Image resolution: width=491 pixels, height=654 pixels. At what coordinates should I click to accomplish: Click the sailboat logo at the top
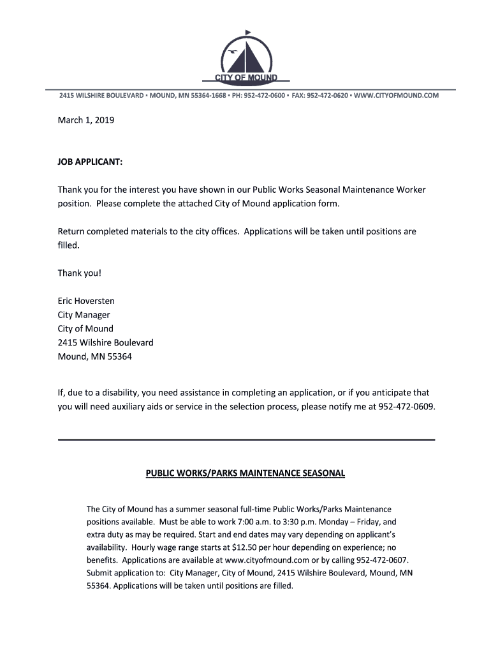(245, 54)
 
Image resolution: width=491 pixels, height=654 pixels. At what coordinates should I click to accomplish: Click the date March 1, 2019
(86, 119)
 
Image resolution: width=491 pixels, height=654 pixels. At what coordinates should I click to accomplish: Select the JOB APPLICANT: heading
(90, 162)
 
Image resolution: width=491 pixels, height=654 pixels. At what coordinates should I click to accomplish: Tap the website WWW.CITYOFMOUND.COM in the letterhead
(396, 95)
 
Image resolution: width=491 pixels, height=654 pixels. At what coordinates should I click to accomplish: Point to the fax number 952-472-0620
(327, 95)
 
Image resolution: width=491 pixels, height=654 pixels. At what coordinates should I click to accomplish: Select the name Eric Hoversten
(86, 301)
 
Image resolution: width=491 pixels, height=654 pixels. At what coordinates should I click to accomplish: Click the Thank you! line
(80, 273)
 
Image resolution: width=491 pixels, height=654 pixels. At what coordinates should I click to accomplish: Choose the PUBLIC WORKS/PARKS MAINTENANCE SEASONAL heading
(246, 473)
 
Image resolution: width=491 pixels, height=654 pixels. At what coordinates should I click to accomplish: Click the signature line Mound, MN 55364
(95, 357)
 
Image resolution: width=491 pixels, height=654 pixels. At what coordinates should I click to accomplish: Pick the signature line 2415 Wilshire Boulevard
(106, 343)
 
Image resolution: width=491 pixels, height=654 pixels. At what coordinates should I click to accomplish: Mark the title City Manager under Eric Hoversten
(84, 315)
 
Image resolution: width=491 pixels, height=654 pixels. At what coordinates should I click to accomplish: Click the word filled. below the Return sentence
(69, 245)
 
